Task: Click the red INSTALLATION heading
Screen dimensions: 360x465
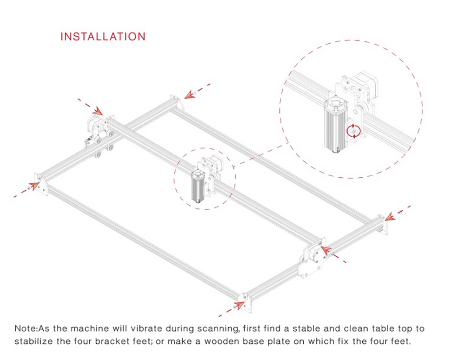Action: point(103,36)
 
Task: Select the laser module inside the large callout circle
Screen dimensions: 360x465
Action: point(334,125)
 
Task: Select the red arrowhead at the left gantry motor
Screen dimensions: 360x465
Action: point(98,111)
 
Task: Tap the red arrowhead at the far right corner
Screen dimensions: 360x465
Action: point(388,216)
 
